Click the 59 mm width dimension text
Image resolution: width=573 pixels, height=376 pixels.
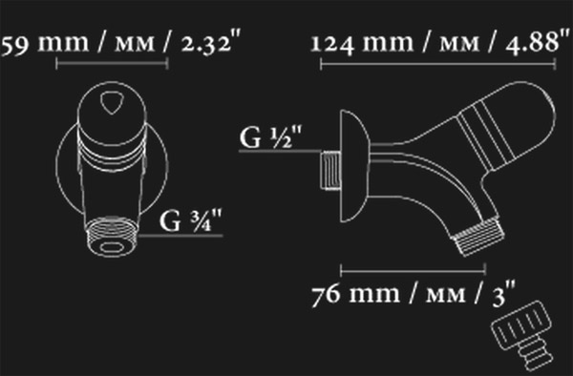[x=121, y=43]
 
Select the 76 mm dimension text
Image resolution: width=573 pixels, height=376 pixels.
[x=414, y=294]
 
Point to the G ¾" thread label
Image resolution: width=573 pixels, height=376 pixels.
[x=191, y=220]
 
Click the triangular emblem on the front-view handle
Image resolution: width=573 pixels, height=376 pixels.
[x=112, y=102]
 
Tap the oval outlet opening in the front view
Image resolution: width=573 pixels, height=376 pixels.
[x=112, y=248]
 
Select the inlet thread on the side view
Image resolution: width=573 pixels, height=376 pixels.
[x=330, y=170]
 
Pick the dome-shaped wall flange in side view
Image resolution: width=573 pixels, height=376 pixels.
[x=354, y=166]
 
